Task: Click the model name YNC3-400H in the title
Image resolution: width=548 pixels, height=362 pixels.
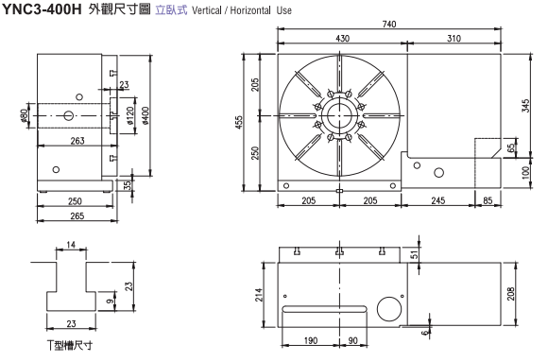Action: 42,9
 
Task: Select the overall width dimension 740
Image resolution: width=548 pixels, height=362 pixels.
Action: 389,25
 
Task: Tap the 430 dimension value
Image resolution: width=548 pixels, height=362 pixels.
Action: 342,38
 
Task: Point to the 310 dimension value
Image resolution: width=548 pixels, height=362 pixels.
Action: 454,38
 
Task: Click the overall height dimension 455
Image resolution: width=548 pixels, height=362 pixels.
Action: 239,123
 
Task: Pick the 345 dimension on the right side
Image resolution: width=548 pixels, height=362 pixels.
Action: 525,106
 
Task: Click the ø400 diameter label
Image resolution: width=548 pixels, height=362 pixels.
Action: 146,115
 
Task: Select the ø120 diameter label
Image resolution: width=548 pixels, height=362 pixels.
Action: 129,115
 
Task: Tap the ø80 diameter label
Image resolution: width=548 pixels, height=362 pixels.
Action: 24,115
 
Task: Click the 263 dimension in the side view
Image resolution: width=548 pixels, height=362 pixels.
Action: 77,141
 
